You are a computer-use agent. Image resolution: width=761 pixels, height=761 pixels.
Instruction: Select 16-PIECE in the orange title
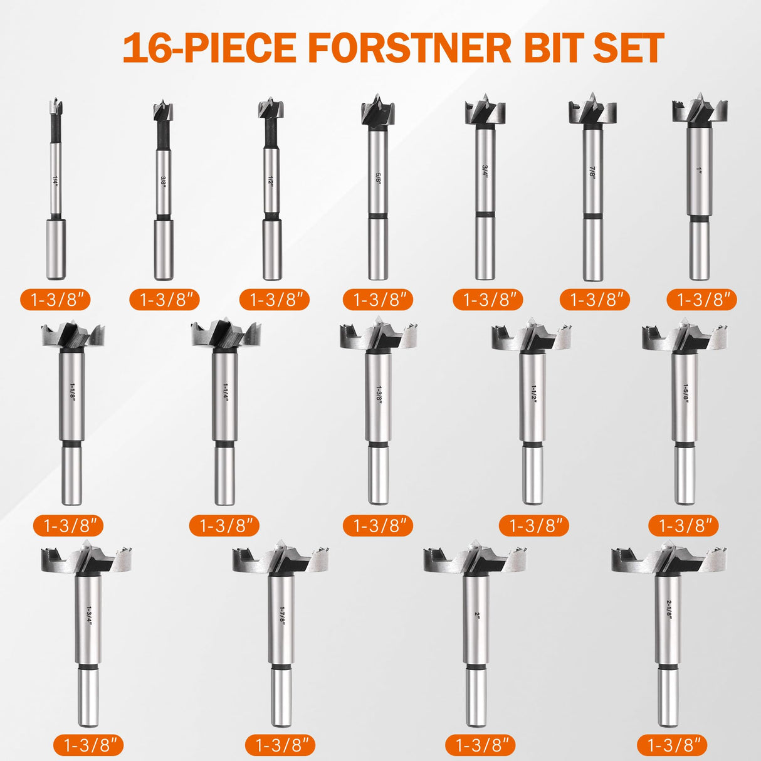[209, 48]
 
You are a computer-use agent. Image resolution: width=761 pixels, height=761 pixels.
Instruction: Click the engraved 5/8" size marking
[378, 177]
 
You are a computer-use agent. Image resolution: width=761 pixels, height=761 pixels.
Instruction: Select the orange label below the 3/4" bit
[488, 300]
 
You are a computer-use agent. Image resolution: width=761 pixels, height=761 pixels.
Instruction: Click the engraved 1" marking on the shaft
[700, 171]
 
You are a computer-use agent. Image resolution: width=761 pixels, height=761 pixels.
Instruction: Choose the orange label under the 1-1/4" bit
[224, 525]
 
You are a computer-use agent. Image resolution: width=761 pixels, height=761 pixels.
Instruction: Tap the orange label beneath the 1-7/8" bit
[280, 745]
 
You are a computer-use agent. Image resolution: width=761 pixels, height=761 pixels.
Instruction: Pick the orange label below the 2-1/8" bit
[672, 745]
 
